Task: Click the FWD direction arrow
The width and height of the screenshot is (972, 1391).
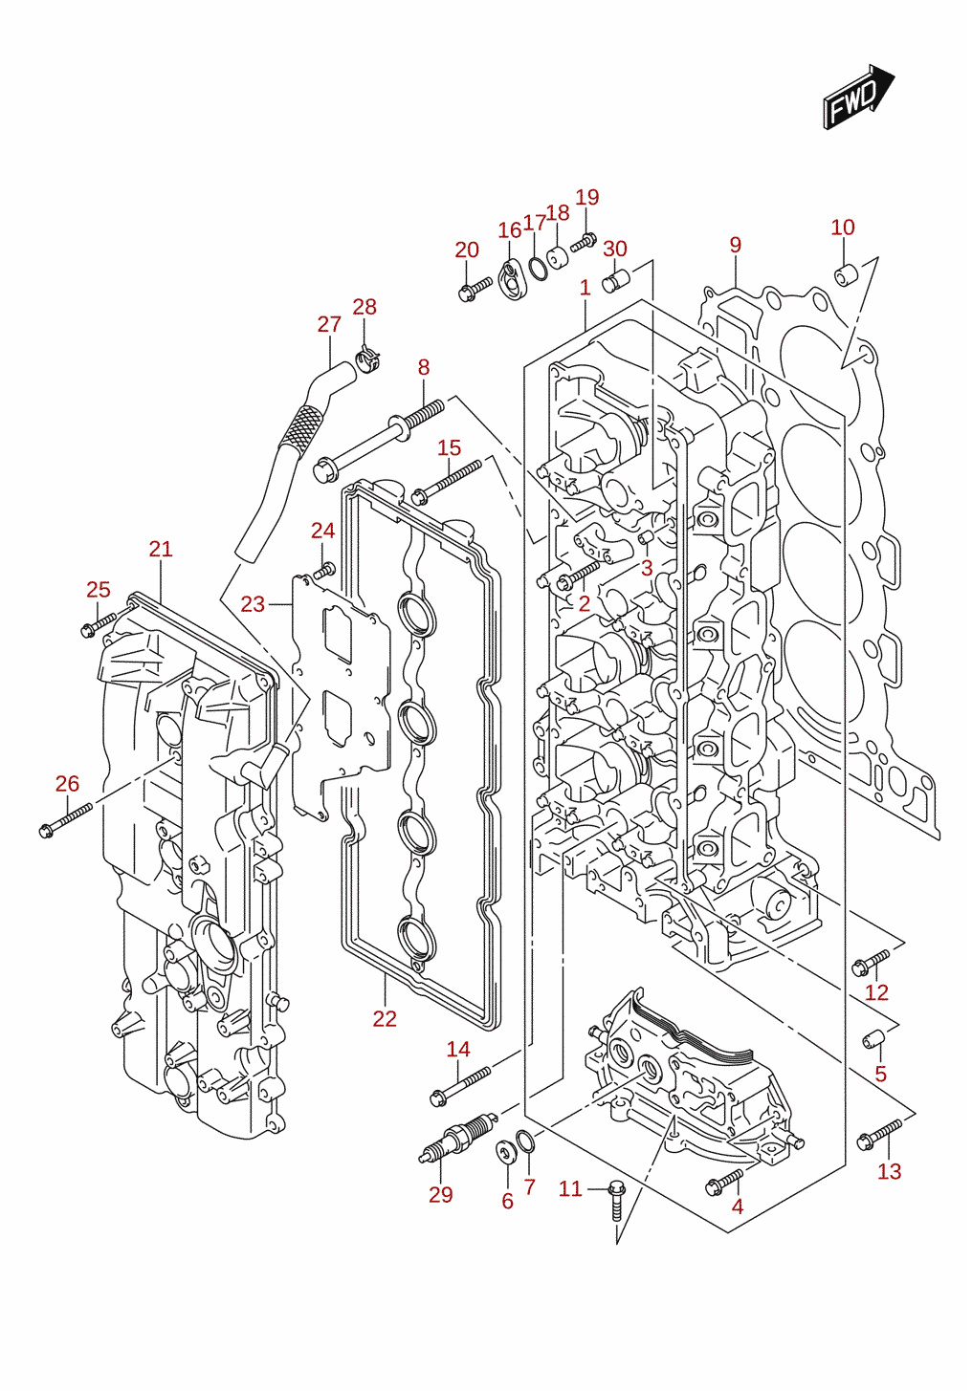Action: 858,97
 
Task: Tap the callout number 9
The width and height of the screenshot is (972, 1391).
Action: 735,245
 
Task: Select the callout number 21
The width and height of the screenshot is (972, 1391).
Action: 161,549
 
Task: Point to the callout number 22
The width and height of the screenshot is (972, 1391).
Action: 385,1018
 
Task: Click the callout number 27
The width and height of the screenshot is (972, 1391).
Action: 329,324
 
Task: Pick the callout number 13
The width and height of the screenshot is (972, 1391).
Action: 889,1171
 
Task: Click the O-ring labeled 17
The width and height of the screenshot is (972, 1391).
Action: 537,268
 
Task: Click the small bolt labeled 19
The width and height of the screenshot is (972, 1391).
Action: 584,242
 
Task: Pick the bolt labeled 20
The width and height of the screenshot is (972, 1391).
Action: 475,289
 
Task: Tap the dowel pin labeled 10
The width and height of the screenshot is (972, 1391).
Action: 845,273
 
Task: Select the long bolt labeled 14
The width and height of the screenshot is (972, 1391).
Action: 460,1086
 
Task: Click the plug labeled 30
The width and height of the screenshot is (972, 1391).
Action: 616,281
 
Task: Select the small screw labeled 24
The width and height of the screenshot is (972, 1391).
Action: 325,570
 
